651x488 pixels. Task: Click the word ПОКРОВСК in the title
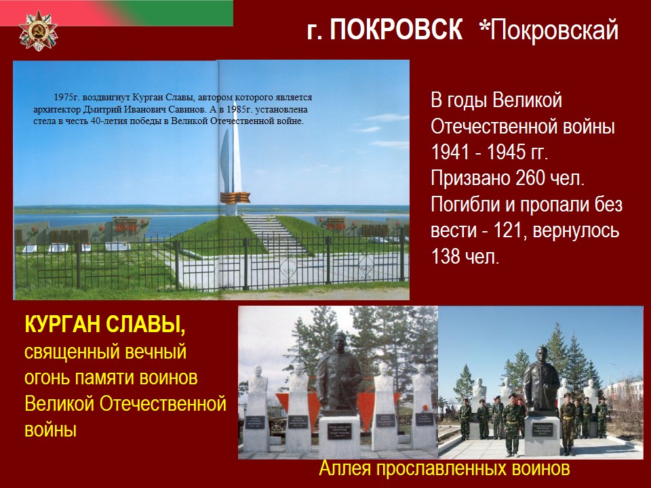[x=396, y=30]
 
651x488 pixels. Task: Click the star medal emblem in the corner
[x=38, y=31]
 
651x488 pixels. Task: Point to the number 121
[x=507, y=230]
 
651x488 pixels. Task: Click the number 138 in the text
[x=445, y=256]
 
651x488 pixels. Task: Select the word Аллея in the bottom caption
[x=344, y=468]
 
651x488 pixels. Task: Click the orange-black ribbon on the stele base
[x=235, y=197]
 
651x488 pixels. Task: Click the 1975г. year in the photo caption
[x=66, y=98]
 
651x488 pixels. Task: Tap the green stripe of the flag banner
[x=191, y=13]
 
